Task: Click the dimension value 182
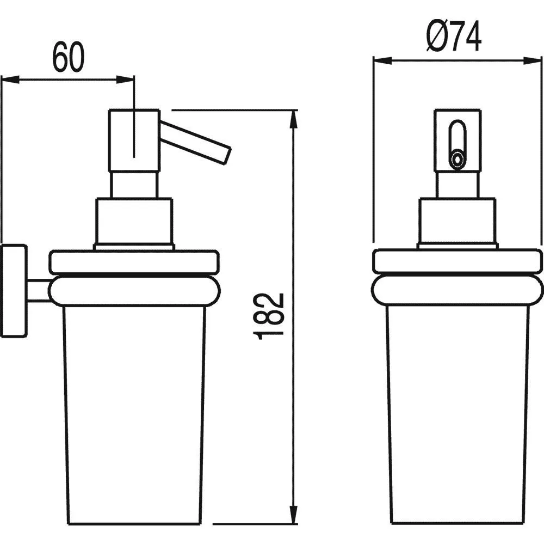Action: [269, 316]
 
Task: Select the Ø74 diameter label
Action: [454, 36]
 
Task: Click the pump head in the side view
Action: [134, 140]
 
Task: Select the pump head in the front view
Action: [458, 140]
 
